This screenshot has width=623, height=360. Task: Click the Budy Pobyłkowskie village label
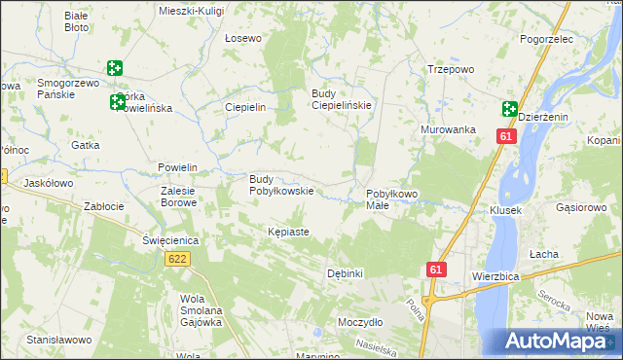click(x=281, y=185)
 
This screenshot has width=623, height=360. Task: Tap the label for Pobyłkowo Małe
click(x=391, y=200)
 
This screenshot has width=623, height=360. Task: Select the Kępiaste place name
click(x=288, y=232)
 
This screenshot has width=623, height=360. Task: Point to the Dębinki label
click(x=346, y=273)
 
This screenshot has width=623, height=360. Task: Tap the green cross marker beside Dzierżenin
click(x=510, y=109)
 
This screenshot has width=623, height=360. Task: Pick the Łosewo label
click(x=243, y=39)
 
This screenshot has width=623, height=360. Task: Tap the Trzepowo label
click(x=451, y=69)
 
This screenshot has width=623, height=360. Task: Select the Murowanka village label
click(x=448, y=129)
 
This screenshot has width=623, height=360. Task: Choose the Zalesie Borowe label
click(x=178, y=198)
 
